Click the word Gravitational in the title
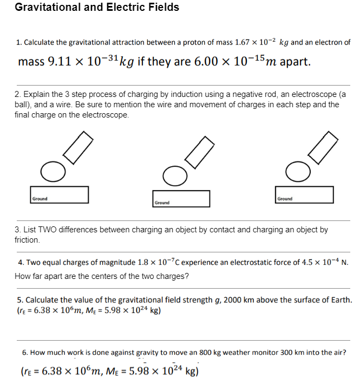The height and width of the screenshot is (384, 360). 48,8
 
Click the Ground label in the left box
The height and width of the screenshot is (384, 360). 40,199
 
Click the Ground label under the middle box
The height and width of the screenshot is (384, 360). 162,203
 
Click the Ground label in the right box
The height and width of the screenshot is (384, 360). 285,199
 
